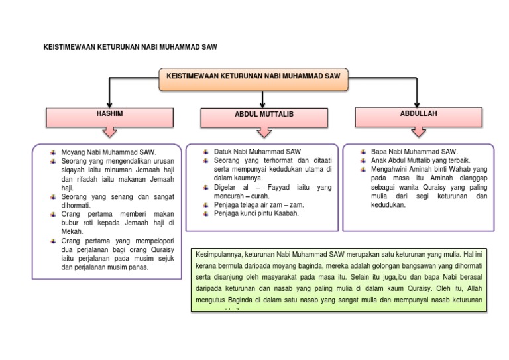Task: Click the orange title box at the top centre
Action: (253, 78)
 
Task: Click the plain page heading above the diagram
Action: (131, 48)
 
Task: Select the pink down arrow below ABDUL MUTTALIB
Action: (264, 135)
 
